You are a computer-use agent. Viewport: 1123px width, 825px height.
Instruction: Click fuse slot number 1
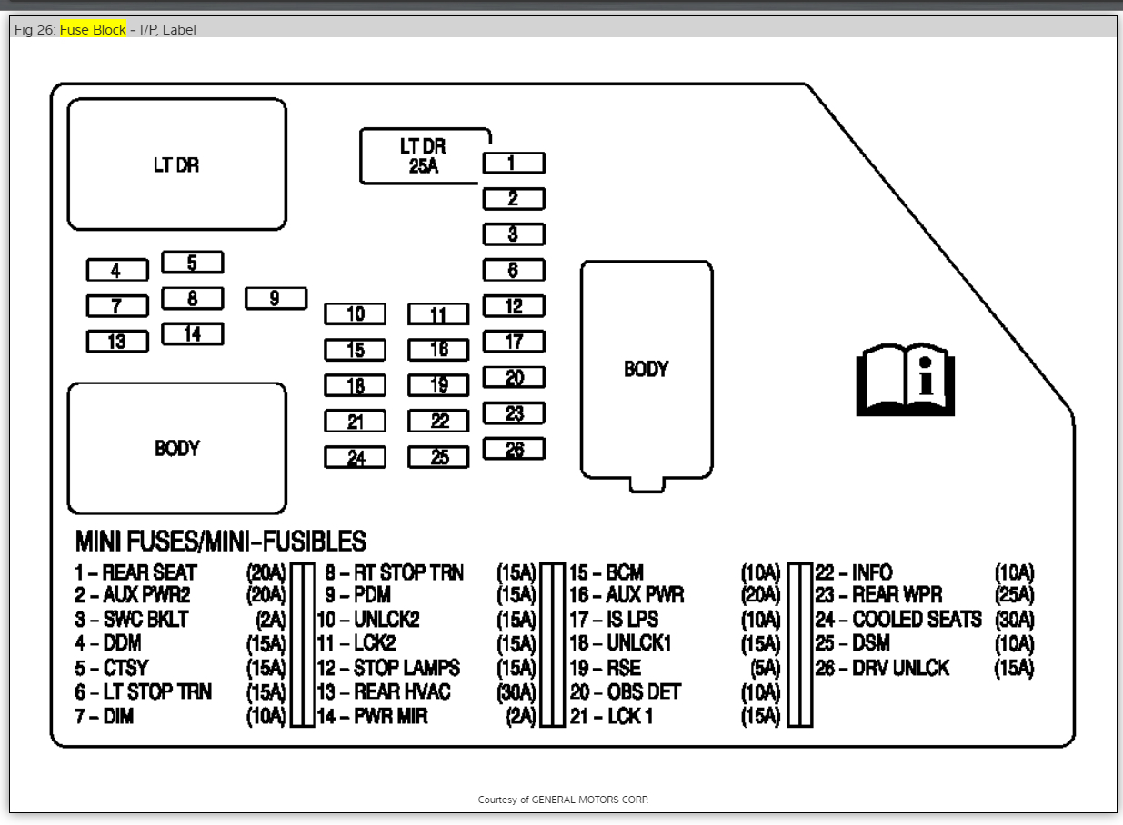(513, 163)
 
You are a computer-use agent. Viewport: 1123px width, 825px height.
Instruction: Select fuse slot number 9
(276, 298)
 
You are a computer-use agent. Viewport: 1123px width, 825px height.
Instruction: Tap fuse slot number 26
(513, 449)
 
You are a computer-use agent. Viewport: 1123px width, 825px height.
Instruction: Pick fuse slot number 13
(116, 342)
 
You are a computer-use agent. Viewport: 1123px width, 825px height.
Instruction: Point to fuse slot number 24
(355, 458)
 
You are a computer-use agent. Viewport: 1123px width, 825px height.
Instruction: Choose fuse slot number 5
(192, 263)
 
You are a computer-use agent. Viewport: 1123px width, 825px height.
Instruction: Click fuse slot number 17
(513, 342)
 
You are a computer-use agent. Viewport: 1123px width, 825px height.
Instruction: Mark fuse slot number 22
(438, 422)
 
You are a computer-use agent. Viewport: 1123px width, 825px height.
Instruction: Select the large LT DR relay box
(176, 164)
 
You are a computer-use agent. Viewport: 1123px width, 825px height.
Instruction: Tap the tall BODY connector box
(646, 369)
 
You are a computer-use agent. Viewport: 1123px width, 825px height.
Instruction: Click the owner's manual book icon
(905, 379)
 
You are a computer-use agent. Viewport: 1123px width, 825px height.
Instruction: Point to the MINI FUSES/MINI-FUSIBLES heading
(220, 542)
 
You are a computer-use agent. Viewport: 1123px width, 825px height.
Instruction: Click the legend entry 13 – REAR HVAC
(384, 692)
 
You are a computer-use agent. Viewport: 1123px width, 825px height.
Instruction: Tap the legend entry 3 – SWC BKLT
(132, 620)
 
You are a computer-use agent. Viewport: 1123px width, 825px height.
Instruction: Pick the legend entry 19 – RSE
(606, 668)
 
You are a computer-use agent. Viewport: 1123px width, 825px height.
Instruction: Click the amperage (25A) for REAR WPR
(1014, 596)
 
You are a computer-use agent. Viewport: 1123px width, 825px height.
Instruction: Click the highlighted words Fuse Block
(93, 30)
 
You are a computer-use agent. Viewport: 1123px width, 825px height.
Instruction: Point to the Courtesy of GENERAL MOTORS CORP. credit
(563, 800)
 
